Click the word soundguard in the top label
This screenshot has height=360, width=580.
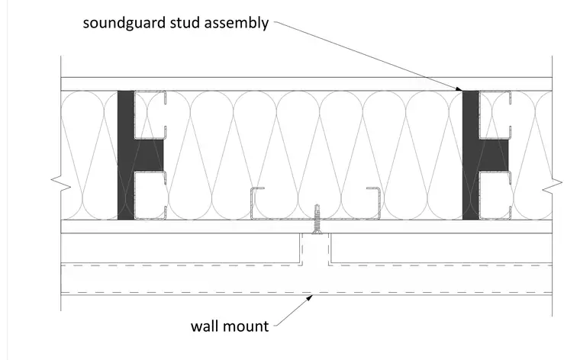[124, 23]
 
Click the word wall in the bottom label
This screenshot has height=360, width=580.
[205, 326]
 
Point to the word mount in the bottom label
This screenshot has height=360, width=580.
[246, 326]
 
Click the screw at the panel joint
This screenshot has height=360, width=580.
[317, 219]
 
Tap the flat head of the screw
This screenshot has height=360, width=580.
[317, 232]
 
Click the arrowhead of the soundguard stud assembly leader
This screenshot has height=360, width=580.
[459, 88]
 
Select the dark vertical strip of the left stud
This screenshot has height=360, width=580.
[126, 156]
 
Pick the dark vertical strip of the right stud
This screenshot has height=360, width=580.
[471, 156]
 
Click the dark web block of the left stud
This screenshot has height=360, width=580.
[149, 156]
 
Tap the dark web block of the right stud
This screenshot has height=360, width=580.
[494, 156]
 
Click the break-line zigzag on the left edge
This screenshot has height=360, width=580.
[60, 184]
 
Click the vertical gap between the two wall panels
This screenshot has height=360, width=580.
[314, 249]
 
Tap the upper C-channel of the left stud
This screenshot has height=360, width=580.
[150, 115]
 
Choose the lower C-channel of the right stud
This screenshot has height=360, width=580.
[495, 195]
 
